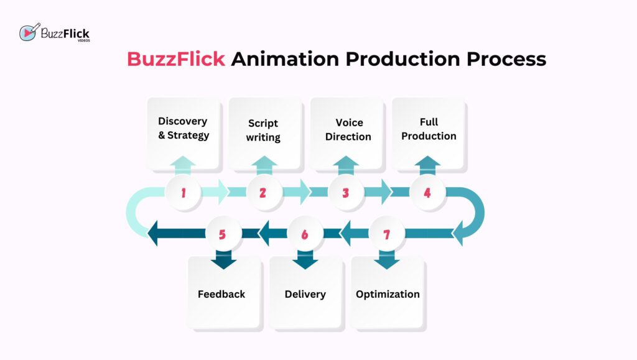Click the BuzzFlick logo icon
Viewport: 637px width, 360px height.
click(x=29, y=33)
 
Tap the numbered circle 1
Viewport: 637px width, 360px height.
click(x=184, y=193)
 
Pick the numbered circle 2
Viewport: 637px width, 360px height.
click(x=263, y=193)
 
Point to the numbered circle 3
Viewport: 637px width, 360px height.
click(x=346, y=193)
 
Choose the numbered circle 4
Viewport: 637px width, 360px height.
click(x=427, y=193)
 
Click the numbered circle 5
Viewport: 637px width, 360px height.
click(x=223, y=234)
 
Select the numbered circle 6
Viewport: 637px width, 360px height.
click(x=305, y=234)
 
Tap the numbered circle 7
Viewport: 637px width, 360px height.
click(x=386, y=234)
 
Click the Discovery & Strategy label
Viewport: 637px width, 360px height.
click(x=183, y=129)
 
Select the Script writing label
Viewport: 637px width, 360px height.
click(x=263, y=130)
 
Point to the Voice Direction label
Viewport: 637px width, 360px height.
click(x=348, y=130)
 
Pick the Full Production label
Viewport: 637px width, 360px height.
click(x=429, y=129)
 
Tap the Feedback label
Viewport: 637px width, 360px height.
click(x=221, y=294)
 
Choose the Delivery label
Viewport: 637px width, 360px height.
click(x=305, y=294)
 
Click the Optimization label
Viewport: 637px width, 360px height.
click(x=388, y=294)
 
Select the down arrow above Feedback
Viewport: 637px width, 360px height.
click(x=223, y=260)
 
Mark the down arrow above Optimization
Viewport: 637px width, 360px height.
click(x=386, y=260)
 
